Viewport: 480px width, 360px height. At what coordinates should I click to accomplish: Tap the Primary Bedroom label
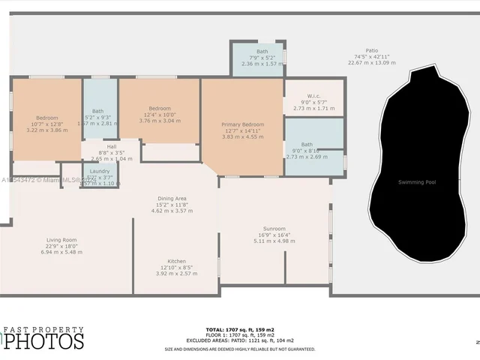tap(242, 124)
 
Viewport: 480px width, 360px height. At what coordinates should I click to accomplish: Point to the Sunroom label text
tap(274, 228)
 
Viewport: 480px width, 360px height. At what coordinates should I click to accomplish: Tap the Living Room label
tap(61, 240)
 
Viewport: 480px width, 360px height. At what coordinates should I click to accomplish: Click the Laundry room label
tap(100, 171)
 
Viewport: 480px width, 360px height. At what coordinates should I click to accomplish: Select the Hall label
tap(111, 147)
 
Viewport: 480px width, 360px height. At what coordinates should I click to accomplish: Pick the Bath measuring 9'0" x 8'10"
tap(307, 144)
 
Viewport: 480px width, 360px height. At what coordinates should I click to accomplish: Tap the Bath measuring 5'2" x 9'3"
tap(97, 111)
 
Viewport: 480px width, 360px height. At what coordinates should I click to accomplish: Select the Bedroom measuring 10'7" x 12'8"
tap(47, 118)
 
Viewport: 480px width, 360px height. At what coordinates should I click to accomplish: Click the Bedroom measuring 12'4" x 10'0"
tap(159, 108)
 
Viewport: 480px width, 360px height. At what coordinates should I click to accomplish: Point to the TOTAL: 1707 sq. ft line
tap(240, 329)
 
